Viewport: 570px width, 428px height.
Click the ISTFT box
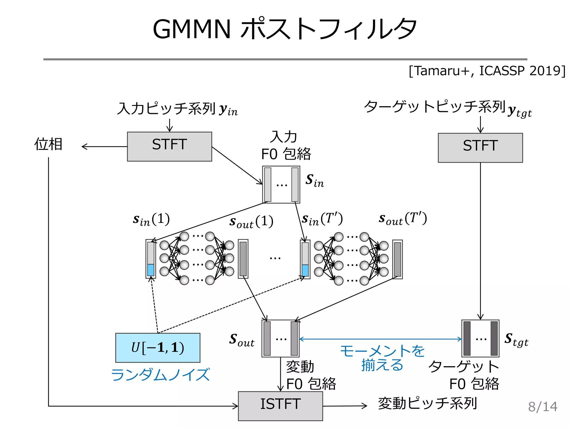click(x=280, y=406)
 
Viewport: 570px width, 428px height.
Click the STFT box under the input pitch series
click(x=169, y=146)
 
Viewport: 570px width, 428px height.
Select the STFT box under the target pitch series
click(x=480, y=147)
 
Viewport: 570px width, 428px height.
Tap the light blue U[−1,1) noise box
click(x=158, y=347)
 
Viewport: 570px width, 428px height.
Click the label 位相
click(x=48, y=144)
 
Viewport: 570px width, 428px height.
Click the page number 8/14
click(x=542, y=407)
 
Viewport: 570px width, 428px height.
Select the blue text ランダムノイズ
click(x=160, y=374)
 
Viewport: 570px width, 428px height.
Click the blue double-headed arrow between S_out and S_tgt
click(x=380, y=339)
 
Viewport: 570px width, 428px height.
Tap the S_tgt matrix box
click(x=480, y=338)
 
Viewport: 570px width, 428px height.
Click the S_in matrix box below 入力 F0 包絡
click(x=281, y=184)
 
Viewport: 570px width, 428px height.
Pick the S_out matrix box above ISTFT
click(x=280, y=338)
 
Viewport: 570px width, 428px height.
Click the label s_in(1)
click(x=151, y=220)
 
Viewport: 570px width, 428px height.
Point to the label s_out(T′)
click(x=402, y=218)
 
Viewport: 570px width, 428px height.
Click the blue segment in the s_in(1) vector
click(x=151, y=270)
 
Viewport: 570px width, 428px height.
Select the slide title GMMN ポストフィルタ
click(x=284, y=29)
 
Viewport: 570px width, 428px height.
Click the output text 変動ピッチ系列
click(x=427, y=403)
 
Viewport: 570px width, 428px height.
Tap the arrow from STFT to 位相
click(x=104, y=146)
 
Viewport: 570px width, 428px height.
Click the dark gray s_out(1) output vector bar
click(x=243, y=259)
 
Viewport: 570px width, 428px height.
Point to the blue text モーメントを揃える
click(x=382, y=358)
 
